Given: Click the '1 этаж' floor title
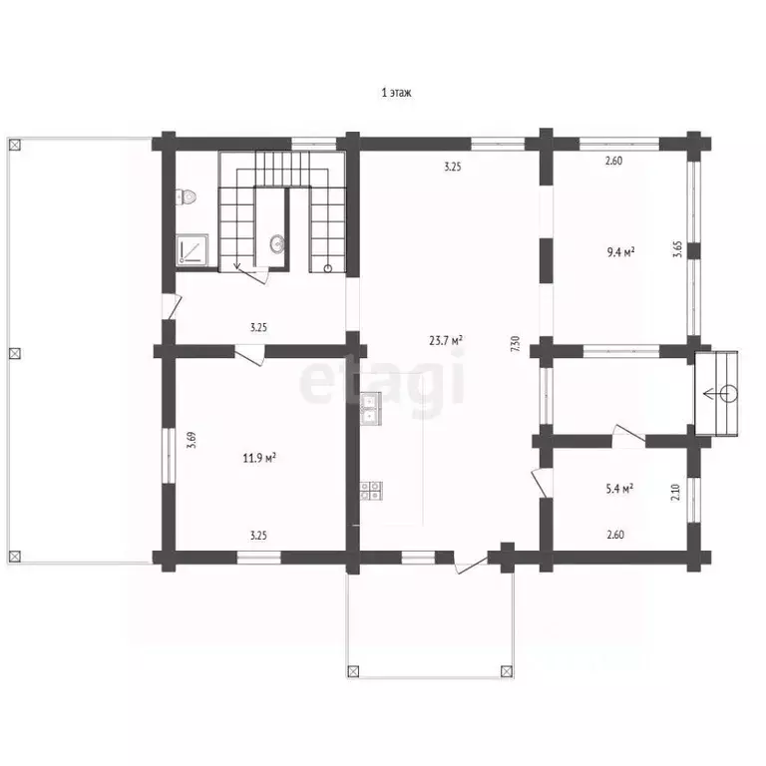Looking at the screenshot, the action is pos(396,93).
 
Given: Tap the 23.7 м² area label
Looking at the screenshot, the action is pos(446,340).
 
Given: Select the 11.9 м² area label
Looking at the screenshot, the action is pos(259,458).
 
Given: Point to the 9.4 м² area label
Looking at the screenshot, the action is pos(621,252).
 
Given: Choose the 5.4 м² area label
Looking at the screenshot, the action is pos(619,489).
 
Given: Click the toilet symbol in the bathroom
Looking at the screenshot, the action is pos(187,196).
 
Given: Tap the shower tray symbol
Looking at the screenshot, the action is pos(192,250).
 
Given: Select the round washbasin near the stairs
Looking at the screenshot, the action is pos(277,242).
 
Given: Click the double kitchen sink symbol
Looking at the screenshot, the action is pos(371,408).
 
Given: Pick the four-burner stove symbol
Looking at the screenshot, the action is pos(371,491).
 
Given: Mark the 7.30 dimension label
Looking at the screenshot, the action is pos(515,344).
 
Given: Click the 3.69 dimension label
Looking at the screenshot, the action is pos(192,440).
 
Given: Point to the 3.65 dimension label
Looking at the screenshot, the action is pos(677,249).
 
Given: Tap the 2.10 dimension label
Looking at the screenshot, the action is pos(675,492).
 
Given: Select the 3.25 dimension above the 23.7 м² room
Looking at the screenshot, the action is pos(453,167).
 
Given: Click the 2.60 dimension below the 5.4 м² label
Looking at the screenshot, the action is pos(615,535).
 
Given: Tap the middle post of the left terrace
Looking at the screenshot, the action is pos(15,353).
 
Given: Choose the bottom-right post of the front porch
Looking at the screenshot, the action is pos(507,671).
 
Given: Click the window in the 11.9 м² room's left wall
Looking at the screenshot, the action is pos(168,455).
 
